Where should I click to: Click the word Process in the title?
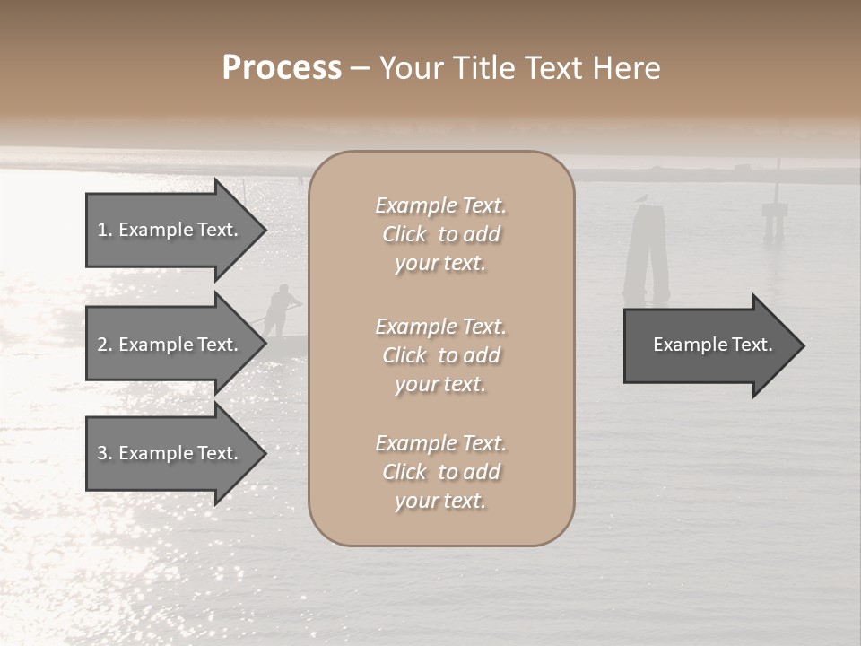click(x=282, y=68)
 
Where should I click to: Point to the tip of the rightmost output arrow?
click(x=803, y=345)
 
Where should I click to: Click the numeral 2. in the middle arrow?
click(x=105, y=345)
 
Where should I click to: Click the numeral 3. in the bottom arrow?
click(x=105, y=453)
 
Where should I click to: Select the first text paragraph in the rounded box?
click(x=440, y=234)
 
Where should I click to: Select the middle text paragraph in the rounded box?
click(x=440, y=355)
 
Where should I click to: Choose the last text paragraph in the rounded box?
click(x=440, y=472)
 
